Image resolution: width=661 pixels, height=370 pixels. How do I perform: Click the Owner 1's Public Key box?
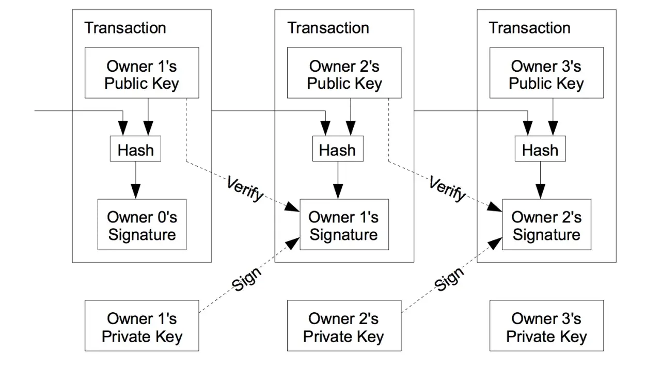click(x=141, y=73)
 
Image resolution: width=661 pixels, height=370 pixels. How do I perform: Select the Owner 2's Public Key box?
click(x=344, y=73)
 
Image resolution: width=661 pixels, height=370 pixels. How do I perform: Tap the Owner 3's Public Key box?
click(x=546, y=73)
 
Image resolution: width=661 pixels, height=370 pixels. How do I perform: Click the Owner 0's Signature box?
click(x=142, y=224)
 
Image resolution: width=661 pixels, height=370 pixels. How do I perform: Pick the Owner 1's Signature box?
click(x=344, y=224)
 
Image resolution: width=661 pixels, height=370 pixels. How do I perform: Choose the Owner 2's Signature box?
click(x=546, y=224)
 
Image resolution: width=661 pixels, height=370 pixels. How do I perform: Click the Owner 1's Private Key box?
click(x=141, y=326)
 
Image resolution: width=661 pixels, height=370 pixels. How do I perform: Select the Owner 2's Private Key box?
click(x=344, y=326)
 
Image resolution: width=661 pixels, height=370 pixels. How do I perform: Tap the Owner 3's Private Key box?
click(x=546, y=326)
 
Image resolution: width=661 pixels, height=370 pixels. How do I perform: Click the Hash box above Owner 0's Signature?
click(x=135, y=149)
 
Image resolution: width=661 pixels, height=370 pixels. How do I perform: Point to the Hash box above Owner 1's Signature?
click(x=338, y=149)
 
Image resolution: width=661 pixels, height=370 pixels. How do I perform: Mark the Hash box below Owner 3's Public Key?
click(x=540, y=149)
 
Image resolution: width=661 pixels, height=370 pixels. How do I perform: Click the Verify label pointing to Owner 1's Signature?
click(x=245, y=189)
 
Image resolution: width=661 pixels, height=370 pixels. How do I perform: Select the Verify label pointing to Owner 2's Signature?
click(x=447, y=189)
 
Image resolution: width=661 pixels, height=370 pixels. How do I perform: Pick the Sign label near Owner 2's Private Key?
click(x=449, y=279)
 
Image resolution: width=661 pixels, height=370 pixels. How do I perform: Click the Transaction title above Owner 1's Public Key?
click(x=125, y=28)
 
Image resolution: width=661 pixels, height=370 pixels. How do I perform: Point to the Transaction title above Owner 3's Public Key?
click(x=529, y=28)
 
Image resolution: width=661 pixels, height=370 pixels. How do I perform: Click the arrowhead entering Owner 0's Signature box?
click(x=135, y=191)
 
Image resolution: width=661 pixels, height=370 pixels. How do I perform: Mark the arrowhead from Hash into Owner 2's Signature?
click(x=540, y=191)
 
